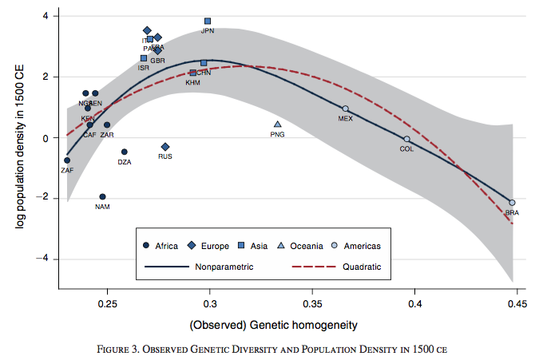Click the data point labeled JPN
(x=208, y=21)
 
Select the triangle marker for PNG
(x=277, y=125)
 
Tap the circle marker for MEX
(x=345, y=109)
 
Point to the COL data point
(x=406, y=139)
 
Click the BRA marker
(x=512, y=203)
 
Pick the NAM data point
(x=102, y=196)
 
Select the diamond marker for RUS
(x=165, y=147)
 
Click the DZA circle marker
(x=125, y=152)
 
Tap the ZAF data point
(x=67, y=160)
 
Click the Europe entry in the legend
(x=209, y=246)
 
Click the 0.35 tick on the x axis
(x=312, y=305)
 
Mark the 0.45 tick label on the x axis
(x=517, y=305)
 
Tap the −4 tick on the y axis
(x=46, y=259)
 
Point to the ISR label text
(x=144, y=68)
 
